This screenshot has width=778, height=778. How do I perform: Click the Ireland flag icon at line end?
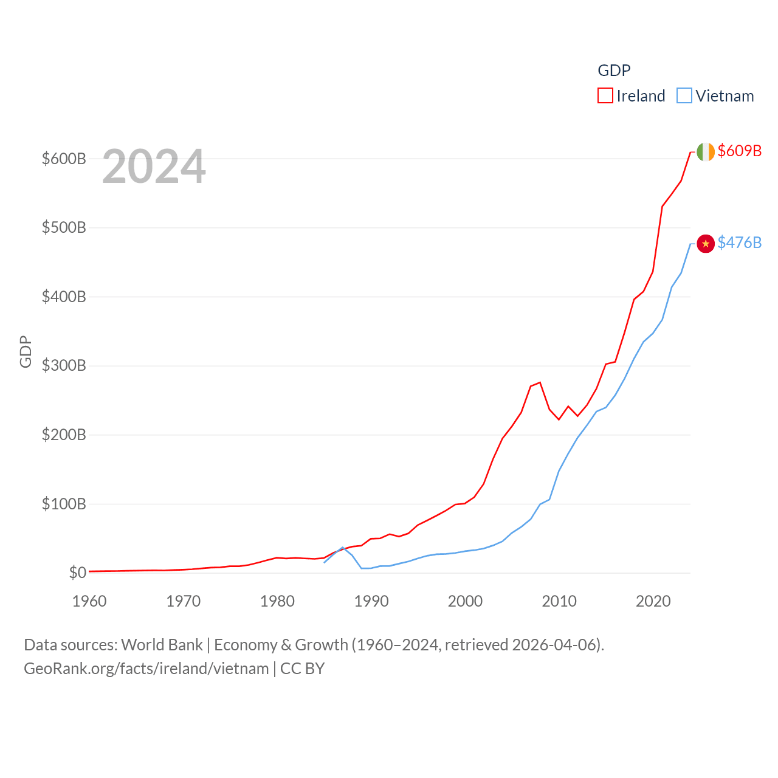coord(705,152)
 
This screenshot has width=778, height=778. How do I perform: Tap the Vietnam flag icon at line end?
coord(705,244)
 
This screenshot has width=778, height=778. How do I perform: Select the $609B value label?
coord(739,151)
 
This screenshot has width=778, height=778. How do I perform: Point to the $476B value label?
coord(739,243)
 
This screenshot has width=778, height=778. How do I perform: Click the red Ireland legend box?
coord(605,96)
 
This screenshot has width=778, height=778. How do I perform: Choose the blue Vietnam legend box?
coord(684,96)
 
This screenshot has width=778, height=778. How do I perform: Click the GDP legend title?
coord(614,71)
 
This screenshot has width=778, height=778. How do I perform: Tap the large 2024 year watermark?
coord(154,167)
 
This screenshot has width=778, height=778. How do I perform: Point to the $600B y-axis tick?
coord(64,159)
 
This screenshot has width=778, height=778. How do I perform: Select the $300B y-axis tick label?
coord(64,366)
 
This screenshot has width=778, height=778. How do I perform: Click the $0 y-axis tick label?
coord(77,573)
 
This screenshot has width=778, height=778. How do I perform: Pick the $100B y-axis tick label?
coord(64,504)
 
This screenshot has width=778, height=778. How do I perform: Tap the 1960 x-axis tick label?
coord(89,601)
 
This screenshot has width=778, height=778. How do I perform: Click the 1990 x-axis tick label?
coord(371,601)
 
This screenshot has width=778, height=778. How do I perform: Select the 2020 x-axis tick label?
coord(653,601)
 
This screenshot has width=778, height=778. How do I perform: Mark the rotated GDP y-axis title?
coord(26,351)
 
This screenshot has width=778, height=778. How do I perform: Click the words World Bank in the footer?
coord(162,645)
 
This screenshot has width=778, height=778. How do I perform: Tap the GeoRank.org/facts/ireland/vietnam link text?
coord(146,669)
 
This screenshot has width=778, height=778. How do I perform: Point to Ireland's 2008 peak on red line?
coord(540,382)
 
